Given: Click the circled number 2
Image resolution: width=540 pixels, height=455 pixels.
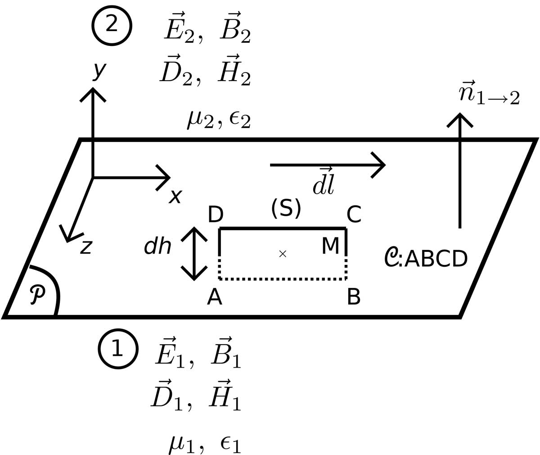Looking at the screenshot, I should click(112, 25).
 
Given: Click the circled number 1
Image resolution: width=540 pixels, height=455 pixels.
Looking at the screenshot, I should click(118, 349).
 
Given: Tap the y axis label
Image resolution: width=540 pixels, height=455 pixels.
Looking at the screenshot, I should click(99, 70).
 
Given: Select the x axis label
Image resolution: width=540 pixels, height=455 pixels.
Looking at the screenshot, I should click(175, 196).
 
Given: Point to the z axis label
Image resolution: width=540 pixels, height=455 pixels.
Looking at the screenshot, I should click(86, 247).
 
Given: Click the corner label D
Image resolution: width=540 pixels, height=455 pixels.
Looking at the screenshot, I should click(216, 215).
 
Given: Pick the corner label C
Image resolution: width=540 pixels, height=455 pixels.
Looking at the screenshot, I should click(354, 214).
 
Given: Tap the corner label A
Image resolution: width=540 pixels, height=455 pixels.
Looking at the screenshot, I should click(215, 297).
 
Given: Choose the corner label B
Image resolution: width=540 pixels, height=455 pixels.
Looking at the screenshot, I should click(354, 297).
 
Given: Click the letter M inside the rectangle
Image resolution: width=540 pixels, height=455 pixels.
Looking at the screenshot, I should click(330, 246).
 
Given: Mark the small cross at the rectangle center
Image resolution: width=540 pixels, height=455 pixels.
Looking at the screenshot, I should click(283, 254).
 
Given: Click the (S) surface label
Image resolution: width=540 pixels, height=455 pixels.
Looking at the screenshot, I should click(286, 208).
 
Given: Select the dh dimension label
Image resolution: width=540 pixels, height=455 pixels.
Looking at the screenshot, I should click(157, 246).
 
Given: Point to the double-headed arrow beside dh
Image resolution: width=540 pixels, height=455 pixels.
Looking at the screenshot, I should click(194, 254).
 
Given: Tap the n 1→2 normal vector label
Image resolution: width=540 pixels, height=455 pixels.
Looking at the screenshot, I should click(489, 94).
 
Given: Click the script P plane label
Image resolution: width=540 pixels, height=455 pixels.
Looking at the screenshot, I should click(37, 294).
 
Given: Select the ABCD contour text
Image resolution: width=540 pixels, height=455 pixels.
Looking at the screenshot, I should click(436, 259).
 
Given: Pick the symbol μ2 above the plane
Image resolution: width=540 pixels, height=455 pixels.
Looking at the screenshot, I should click(200, 120).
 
